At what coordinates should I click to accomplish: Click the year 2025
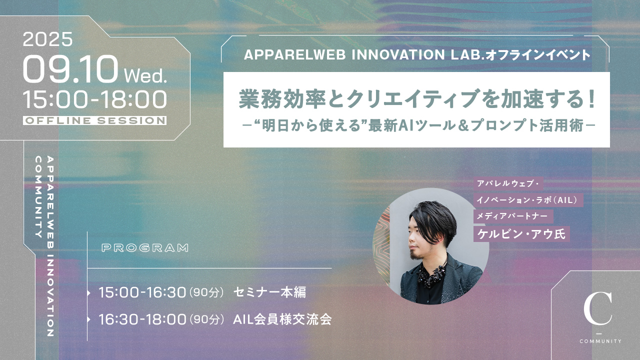click(47, 39)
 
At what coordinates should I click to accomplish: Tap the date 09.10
click(70, 69)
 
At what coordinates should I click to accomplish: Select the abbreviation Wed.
click(145, 76)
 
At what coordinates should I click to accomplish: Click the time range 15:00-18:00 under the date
click(95, 99)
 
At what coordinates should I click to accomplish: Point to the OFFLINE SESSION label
click(95, 120)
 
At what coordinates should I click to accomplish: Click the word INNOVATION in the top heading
click(398, 55)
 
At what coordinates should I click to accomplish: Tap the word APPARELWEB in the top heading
click(295, 55)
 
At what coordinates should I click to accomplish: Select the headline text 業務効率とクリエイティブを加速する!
click(417, 99)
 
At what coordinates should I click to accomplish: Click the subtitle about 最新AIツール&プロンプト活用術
click(418, 125)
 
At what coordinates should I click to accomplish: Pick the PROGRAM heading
click(145, 247)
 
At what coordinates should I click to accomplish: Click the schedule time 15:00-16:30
click(142, 292)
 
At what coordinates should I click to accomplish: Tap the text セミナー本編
click(269, 292)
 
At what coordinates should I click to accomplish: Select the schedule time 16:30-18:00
click(142, 319)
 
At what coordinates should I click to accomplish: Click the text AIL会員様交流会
click(282, 319)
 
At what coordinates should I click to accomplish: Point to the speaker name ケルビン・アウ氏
click(521, 234)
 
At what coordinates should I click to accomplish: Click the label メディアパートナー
click(512, 216)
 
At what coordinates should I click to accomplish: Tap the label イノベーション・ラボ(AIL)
click(526, 199)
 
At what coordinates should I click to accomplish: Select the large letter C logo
click(597, 308)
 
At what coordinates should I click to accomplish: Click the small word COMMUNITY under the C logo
click(600, 341)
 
